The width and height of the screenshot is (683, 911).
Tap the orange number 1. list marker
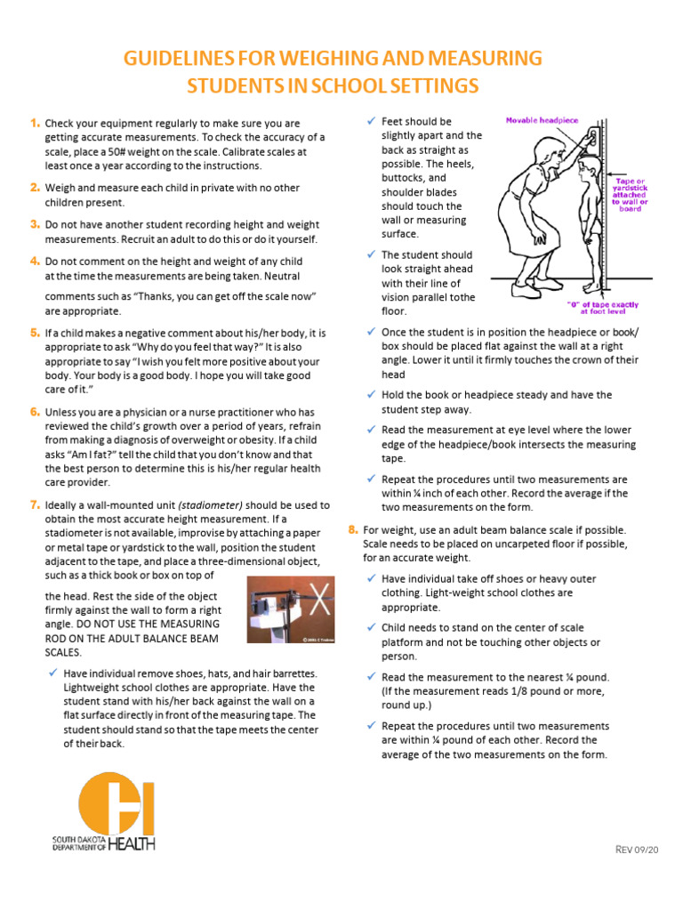coord(34,122)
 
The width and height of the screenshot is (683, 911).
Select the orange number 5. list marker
coord(34,332)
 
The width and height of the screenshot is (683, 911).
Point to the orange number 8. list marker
coord(353,529)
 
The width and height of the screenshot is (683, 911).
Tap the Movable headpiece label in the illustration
coord(542,119)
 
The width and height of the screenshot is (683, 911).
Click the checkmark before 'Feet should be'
coord(371,120)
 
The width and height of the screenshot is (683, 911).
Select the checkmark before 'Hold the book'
coord(371,394)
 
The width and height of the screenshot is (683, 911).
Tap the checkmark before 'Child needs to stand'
coord(371,627)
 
